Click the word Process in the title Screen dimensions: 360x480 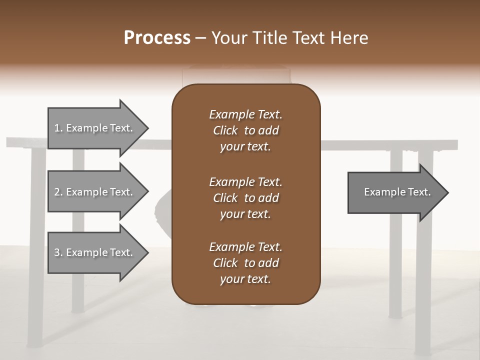click(157, 38)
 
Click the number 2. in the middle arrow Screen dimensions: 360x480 click(58, 192)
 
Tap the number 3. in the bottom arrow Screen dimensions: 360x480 click(58, 252)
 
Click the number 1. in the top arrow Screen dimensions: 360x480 click(58, 128)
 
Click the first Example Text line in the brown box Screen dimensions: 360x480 click(245, 114)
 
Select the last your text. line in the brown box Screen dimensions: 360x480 click(245, 279)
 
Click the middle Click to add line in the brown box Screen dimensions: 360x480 click(245, 198)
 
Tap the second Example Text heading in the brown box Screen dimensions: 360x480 click(245, 182)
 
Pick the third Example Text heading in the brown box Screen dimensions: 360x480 click(245, 247)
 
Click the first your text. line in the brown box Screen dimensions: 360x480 click(245, 146)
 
